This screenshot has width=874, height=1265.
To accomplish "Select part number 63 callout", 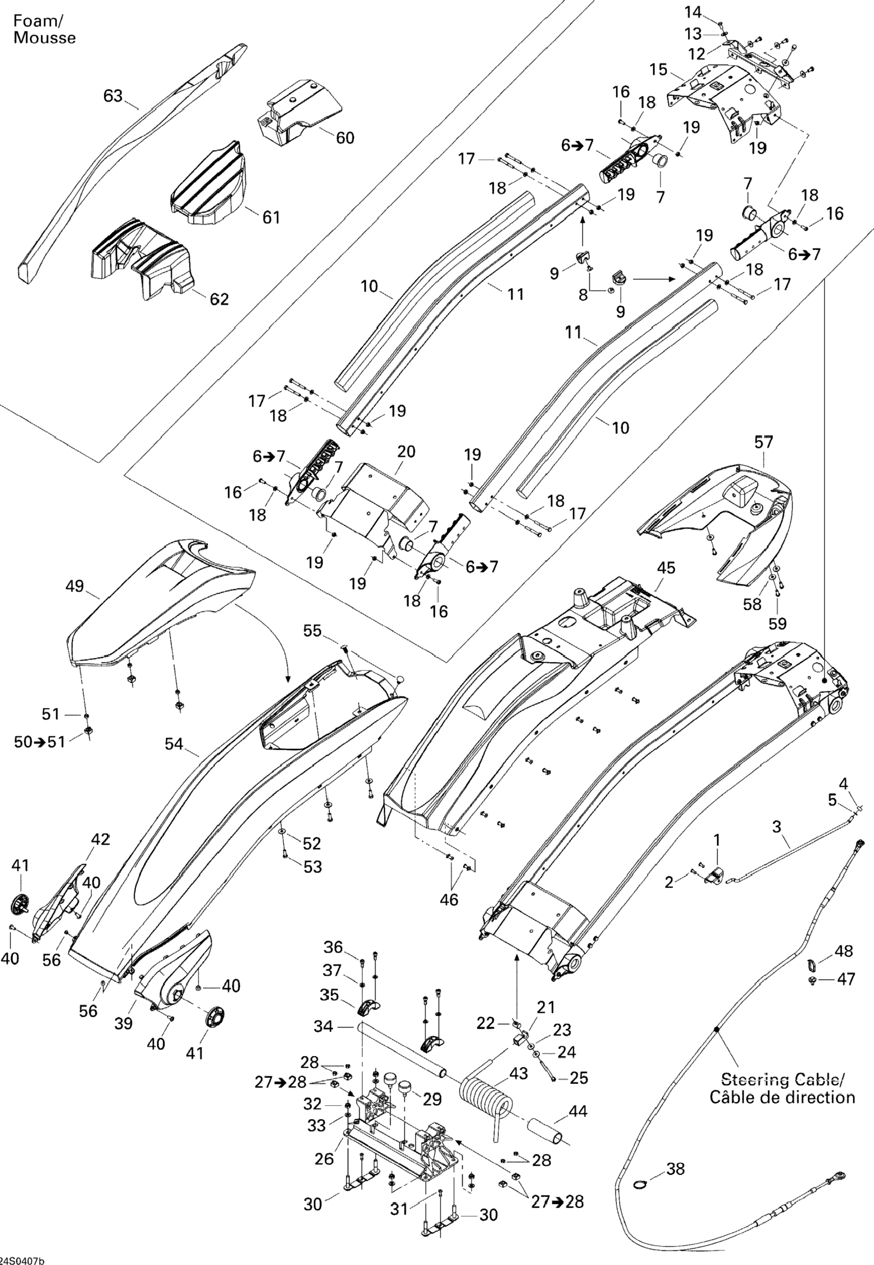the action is pos(113,96).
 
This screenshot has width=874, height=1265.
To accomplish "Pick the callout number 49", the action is pos(75,586).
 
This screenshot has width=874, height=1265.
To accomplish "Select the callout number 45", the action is pos(666,568).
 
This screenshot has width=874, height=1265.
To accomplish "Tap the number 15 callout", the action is pos(659,70).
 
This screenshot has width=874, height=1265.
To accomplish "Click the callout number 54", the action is pos(174,743).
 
